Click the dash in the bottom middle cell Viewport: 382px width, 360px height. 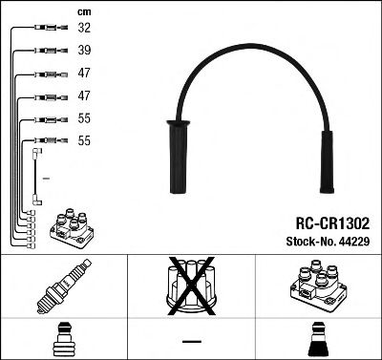(191, 341)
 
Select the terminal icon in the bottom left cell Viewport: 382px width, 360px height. (63, 340)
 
